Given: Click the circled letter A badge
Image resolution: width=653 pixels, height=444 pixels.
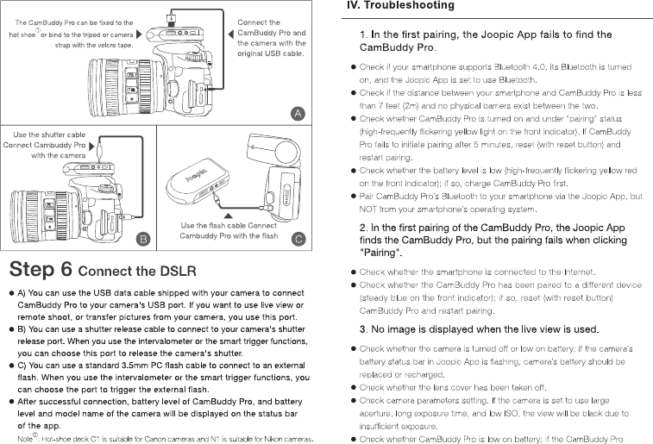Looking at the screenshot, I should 297,113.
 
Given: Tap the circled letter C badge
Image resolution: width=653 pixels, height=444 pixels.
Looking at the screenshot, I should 296,239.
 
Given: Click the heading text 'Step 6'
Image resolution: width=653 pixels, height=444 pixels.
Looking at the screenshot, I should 40,268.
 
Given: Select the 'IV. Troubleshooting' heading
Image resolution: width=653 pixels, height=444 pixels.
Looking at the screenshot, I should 399,6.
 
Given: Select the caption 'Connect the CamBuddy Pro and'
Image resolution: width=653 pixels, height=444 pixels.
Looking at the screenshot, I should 271,33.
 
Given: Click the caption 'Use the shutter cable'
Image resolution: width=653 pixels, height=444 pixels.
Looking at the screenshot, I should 49,134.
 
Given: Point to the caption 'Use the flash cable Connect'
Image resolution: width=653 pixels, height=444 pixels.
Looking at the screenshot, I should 229,226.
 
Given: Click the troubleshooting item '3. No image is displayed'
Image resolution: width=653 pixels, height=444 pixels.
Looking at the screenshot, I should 479,329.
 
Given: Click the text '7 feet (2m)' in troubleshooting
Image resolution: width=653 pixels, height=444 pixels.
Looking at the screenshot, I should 389,105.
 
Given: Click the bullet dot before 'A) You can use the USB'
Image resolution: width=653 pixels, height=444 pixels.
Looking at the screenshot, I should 11,294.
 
